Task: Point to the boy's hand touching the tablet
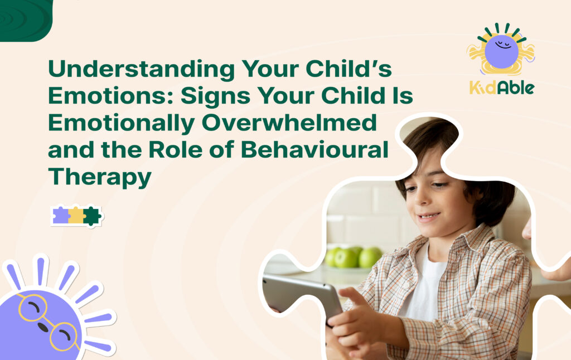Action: [357, 312]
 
